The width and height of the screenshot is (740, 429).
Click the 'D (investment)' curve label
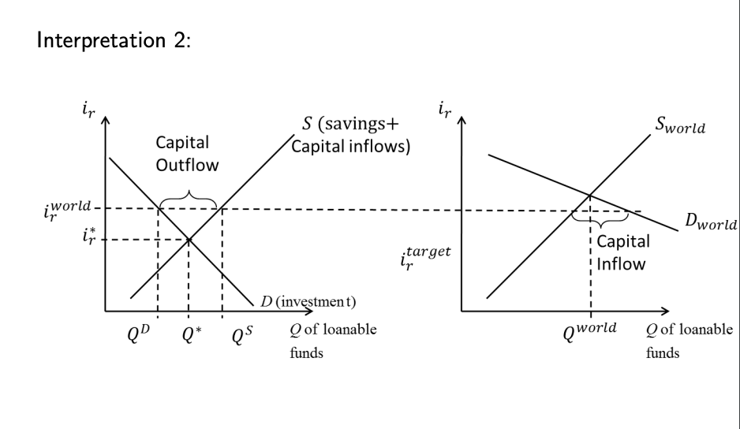[307, 301]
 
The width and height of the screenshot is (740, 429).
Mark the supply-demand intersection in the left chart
[189, 239]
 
